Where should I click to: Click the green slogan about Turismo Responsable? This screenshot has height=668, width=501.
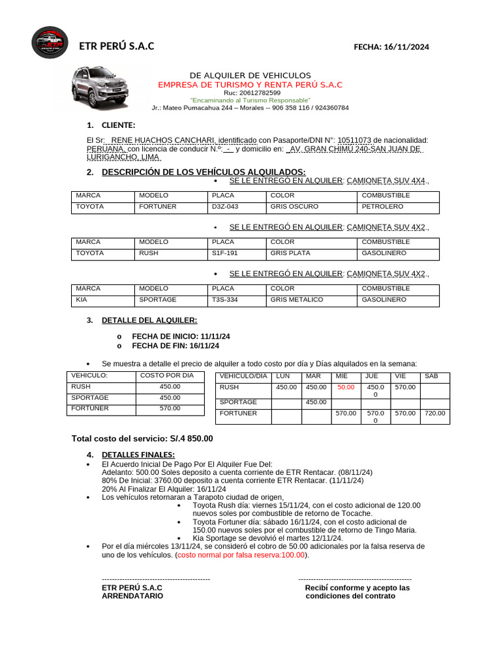point(250,100)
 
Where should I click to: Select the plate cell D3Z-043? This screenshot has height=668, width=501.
point(225,207)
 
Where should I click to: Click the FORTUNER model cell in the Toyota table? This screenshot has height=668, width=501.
point(158,207)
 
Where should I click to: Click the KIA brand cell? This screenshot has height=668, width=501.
point(82,300)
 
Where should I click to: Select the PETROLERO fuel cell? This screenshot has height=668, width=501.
point(383,207)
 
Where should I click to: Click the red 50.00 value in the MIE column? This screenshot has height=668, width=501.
point(346,387)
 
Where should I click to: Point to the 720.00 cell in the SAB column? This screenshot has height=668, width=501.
point(434,414)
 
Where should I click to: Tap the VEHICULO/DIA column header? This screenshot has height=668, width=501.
point(243,376)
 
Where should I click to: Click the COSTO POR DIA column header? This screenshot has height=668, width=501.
point(167,376)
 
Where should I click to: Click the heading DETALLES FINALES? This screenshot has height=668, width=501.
point(138,455)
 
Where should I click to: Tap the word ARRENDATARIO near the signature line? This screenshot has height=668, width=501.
point(132,596)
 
